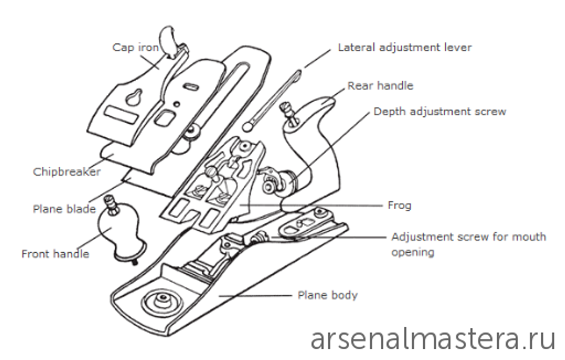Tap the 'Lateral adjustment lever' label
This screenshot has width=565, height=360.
(405, 47)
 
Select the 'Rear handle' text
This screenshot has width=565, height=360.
(380, 86)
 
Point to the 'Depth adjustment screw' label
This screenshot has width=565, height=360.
(440, 111)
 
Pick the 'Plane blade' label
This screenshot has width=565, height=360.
(64, 209)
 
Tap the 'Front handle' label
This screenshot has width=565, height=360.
(55, 253)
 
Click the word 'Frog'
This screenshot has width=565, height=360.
(399, 205)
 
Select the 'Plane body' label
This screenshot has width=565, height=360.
(327, 295)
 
